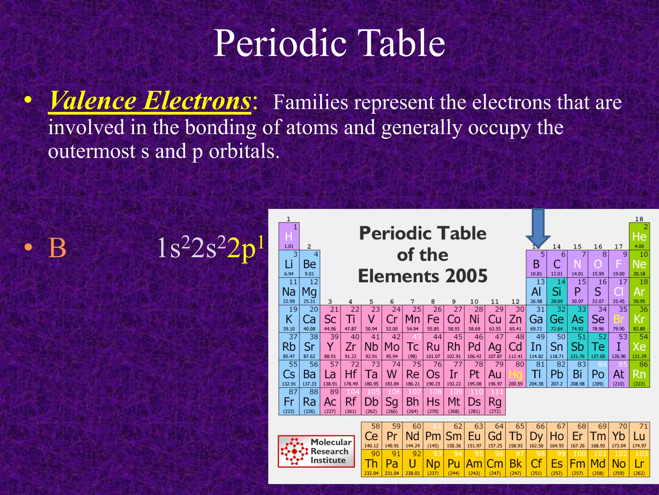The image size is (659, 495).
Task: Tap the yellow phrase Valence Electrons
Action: (150, 101)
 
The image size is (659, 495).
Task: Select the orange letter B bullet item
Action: (57, 248)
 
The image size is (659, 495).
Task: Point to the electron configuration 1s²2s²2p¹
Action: (211, 248)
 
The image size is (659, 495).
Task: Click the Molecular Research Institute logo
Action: (316, 451)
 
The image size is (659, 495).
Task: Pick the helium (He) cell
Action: (639, 236)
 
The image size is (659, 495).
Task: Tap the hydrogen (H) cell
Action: (289, 236)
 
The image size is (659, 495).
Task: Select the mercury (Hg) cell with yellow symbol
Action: (515, 374)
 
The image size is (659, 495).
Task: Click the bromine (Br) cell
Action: (618, 319)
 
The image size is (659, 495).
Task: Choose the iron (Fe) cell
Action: (433, 319)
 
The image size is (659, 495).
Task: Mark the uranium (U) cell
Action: (413, 463)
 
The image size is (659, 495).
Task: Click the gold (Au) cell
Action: (495, 374)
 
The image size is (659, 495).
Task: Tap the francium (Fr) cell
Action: (289, 401)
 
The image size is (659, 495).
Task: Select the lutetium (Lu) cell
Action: (639, 436)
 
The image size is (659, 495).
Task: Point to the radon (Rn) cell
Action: (639, 374)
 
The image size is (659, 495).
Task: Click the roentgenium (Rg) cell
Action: (495, 401)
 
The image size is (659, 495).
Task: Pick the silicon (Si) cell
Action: (557, 291)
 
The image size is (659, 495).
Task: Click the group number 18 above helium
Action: (639, 219)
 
